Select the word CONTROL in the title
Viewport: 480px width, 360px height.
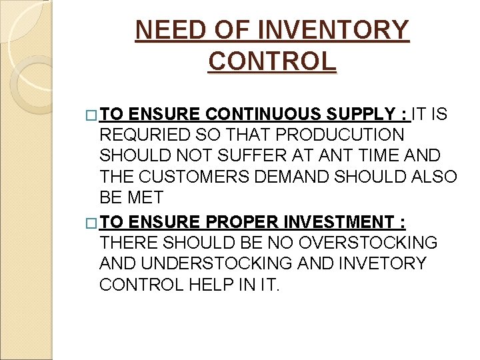pyautogui.click(x=272, y=61)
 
